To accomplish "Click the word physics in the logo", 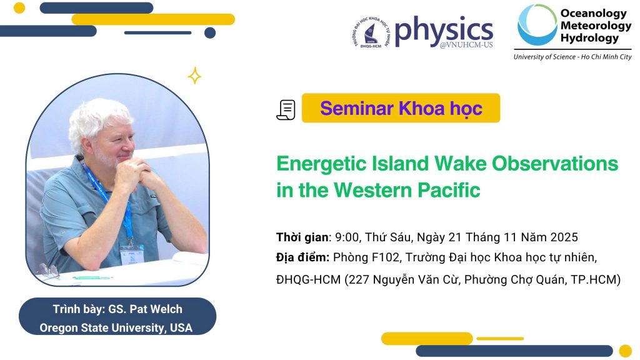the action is pos(444,31).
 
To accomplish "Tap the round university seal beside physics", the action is pos(371,32).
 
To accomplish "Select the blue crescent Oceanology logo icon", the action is pos(536,24).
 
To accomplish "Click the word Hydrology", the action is pos(589,38).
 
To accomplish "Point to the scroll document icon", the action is pos(286,110).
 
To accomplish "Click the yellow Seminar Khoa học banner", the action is pos(401,108).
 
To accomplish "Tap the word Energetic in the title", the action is pos(321,164).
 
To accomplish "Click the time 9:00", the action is pos(346,237).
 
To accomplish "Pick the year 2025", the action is pos(564,237).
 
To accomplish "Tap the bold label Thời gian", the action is pos(302,237).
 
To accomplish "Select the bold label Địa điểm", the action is pos(302,257).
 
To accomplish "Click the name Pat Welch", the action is pos(156,309).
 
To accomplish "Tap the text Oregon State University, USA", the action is pos(116,327).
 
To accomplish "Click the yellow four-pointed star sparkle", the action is pos(194,76).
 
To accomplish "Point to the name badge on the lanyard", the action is pos(132,254).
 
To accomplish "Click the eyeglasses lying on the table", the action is pos(49,271).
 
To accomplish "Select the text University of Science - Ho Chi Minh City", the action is pos(572,57).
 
